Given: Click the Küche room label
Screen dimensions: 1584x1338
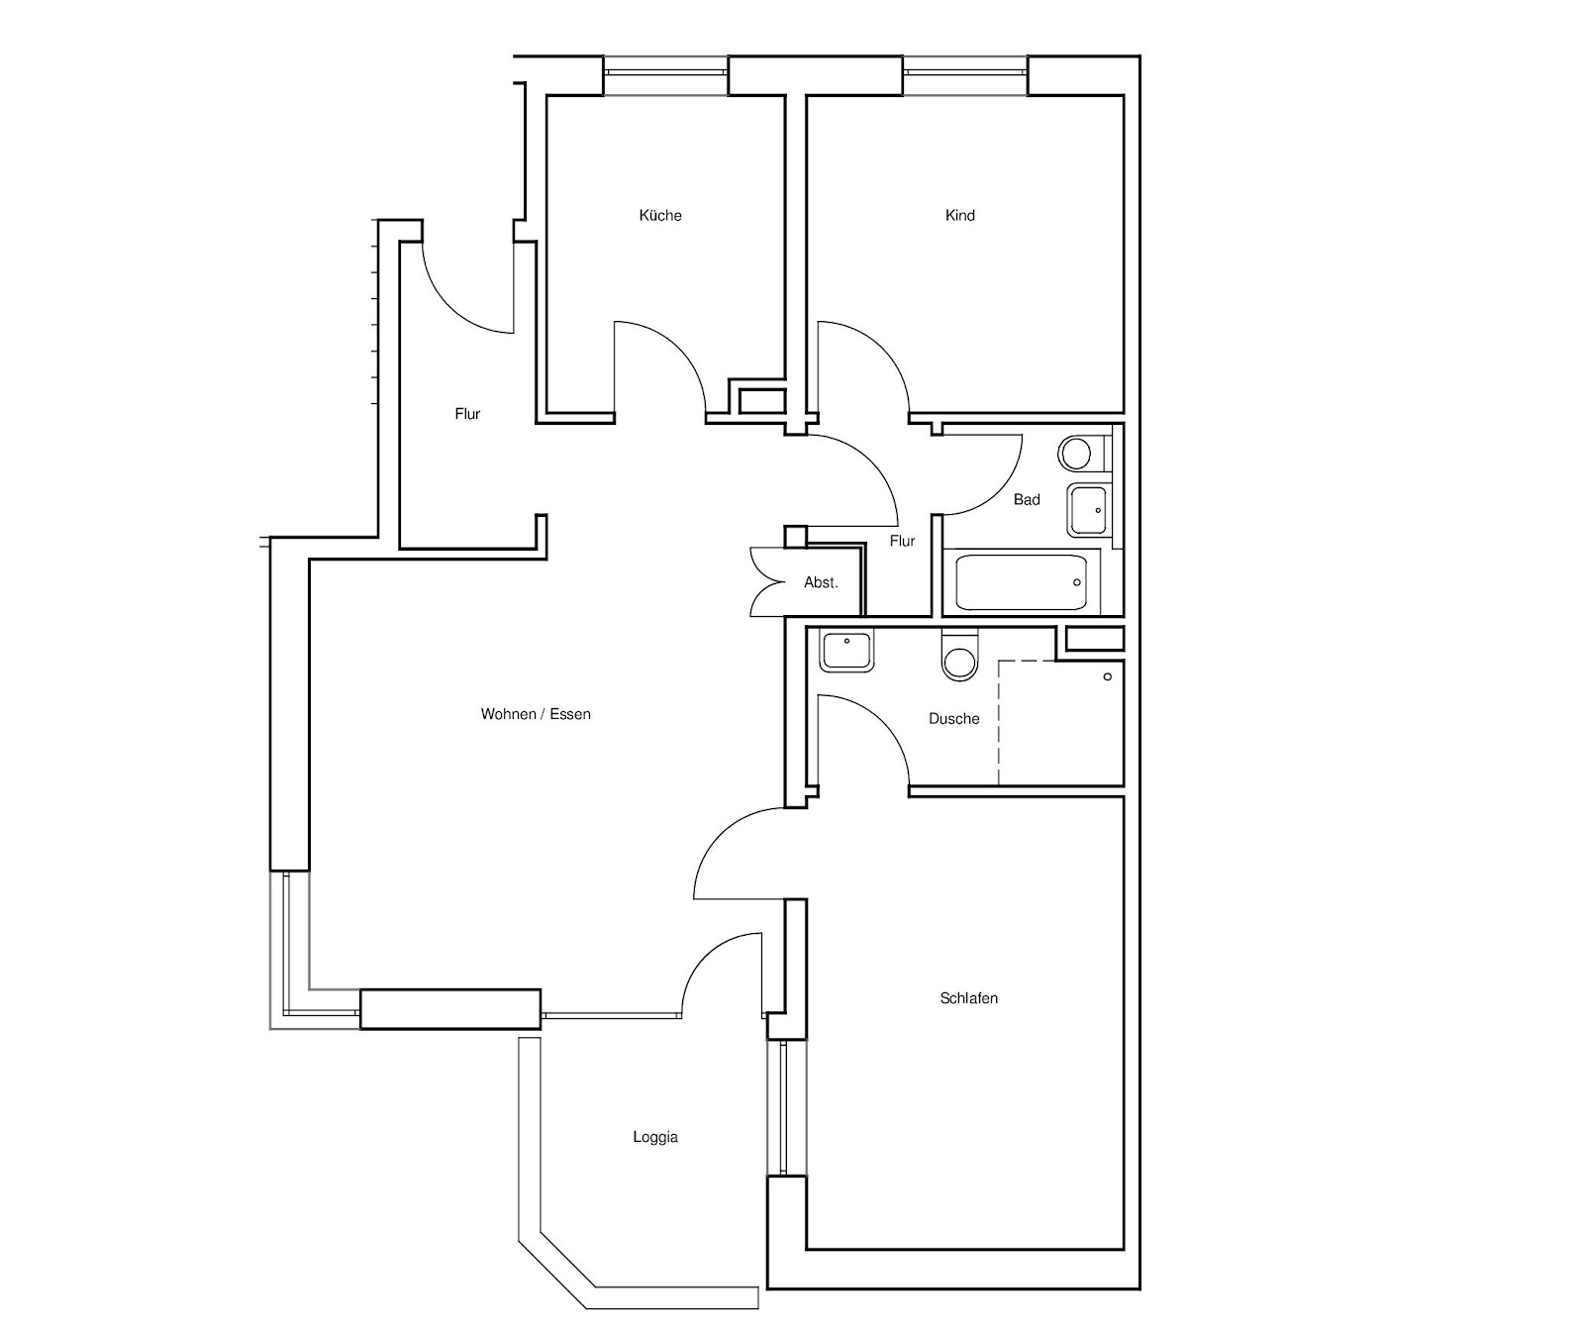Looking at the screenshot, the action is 660,215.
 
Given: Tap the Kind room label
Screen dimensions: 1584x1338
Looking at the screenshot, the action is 960,215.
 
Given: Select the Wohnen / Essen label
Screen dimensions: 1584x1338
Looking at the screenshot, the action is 536,714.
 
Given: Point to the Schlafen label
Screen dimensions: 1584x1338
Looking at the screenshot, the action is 968,998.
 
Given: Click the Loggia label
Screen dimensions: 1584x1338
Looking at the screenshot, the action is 655,1137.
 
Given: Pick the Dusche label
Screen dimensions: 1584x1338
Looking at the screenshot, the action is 954,719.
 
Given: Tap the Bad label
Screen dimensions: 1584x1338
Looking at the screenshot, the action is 1027,500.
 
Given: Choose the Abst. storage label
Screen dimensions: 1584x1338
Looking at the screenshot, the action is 821,582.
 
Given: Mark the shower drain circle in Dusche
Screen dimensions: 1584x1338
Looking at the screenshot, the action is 1108,676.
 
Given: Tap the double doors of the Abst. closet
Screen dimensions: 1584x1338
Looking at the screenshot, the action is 766,581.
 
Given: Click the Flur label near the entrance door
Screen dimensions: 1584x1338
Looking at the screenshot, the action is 467,414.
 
